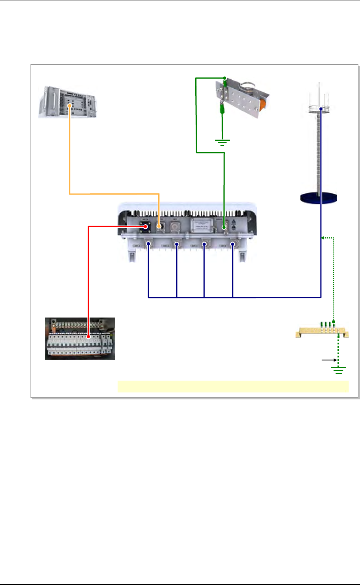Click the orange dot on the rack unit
[70, 106]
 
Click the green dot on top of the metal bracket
[224, 78]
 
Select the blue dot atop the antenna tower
[321, 109]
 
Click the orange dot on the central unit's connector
[159, 226]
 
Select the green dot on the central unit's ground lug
[224, 228]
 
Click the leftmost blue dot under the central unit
[148, 244]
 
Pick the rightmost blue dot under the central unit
[232, 244]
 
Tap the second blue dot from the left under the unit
[177, 244]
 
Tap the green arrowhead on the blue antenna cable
[323, 237]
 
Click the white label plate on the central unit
[203, 224]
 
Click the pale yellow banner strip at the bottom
[233, 386]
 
